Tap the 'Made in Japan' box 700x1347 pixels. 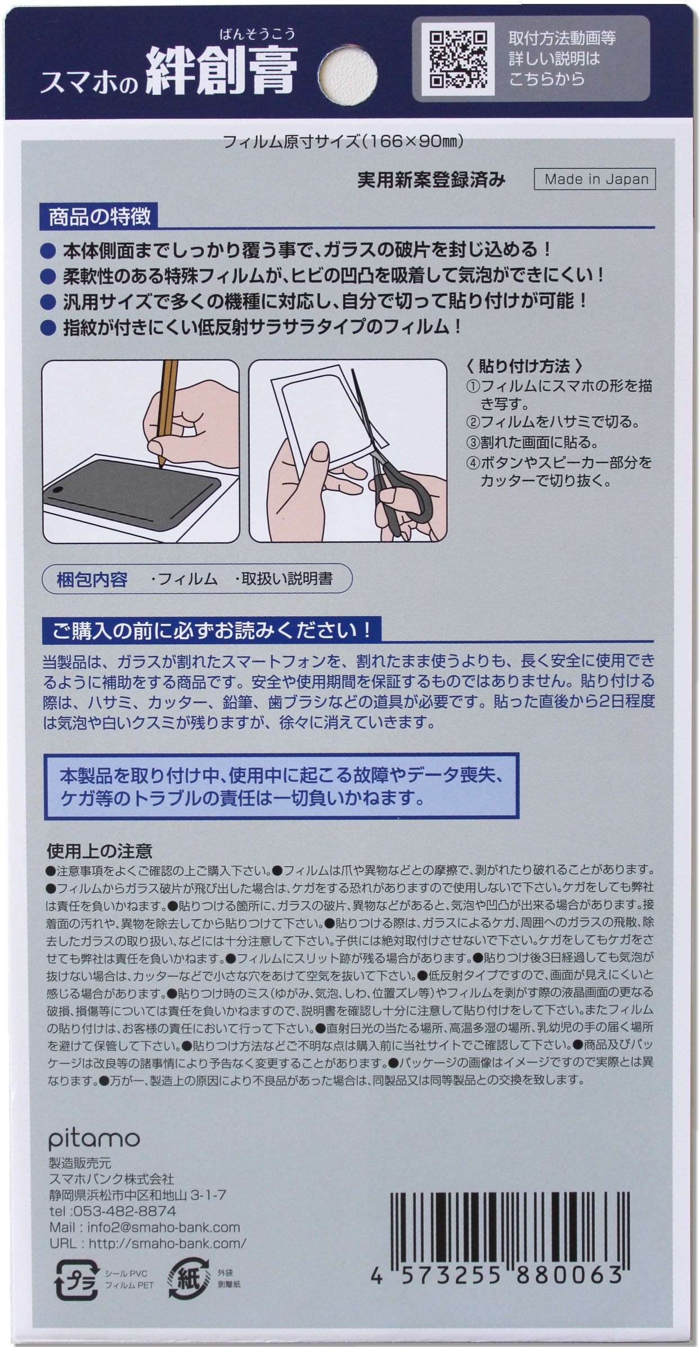click(595, 179)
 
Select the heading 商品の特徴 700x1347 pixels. click(100, 218)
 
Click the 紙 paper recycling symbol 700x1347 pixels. click(189, 1278)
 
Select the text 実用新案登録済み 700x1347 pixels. click(432, 179)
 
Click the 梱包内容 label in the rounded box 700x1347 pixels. click(92, 580)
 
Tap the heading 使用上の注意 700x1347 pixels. click(99, 851)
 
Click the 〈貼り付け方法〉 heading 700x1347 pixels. click(524, 366)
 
